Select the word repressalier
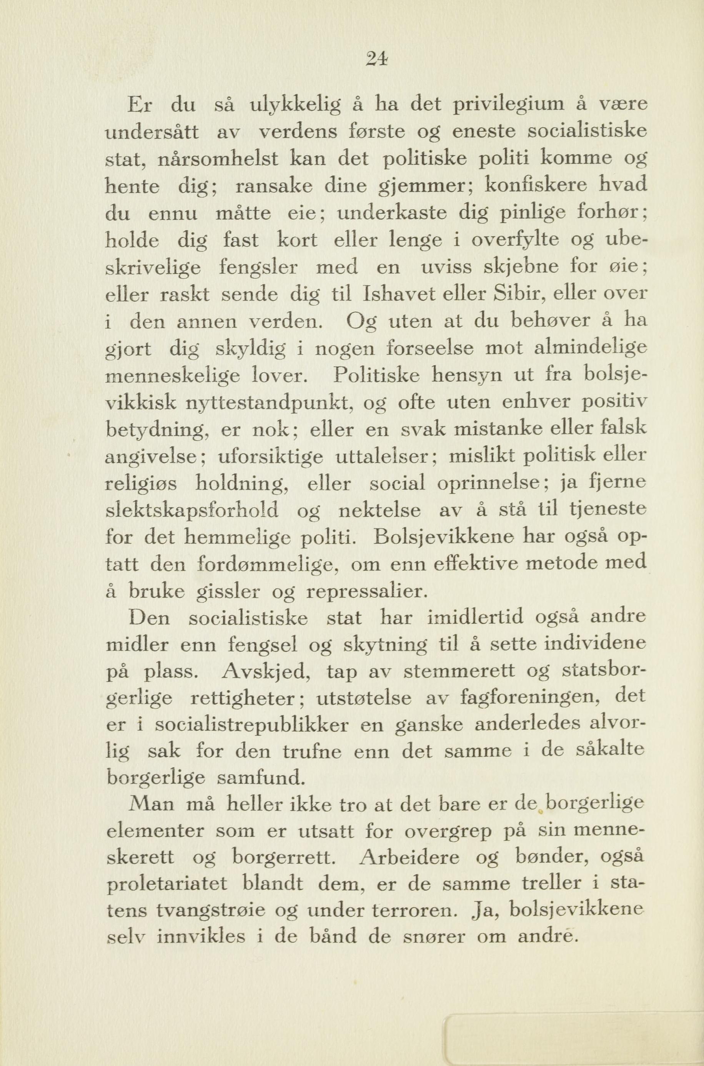click(x=364, y=591)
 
